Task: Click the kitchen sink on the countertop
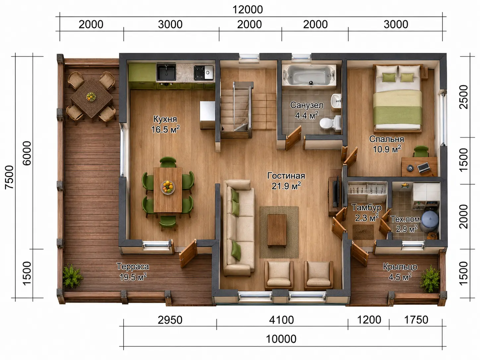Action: [166, 72]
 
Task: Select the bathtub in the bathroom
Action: [309, 77]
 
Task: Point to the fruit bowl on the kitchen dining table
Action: [168, 187]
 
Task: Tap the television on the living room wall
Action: [336, 191]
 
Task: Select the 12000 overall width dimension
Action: [248, 10]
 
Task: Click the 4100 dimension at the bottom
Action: [281, 320]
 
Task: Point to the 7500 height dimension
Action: [9, 177]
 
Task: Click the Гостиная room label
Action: [286, 176]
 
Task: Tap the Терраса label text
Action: [133, 267]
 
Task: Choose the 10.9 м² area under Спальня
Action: [387, 149]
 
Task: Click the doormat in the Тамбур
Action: [363, 232]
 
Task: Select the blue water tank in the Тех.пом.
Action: [430, 220]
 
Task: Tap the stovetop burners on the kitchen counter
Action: [204, 72]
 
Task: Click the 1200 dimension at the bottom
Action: [369, 320]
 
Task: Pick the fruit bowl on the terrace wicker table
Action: [91, 96]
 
